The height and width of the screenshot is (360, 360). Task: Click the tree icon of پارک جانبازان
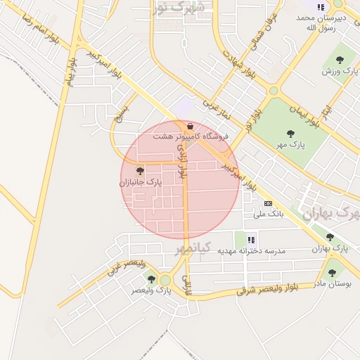pyautogui.click(x=140, y=171)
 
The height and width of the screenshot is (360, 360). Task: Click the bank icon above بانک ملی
pyautogui.click(x=268, y=203)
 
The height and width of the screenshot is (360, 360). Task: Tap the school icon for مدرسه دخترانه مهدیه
pyautogui.click(x=251, y=240)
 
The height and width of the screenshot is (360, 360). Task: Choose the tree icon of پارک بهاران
pyautogui.click(x=330, y=238)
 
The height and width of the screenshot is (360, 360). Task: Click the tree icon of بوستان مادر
pyautogui.click(x=332, y=273)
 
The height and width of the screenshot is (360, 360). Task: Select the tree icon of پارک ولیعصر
pyautogui.click(x=151, y=279)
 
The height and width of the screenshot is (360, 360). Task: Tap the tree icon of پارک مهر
pyautogui.click(x=290, y=134)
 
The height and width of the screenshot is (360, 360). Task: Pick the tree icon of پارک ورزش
pyautogui.click(x=340, y=60)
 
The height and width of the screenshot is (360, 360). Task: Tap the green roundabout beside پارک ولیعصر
pyautogui.click(x=165, y=281)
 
